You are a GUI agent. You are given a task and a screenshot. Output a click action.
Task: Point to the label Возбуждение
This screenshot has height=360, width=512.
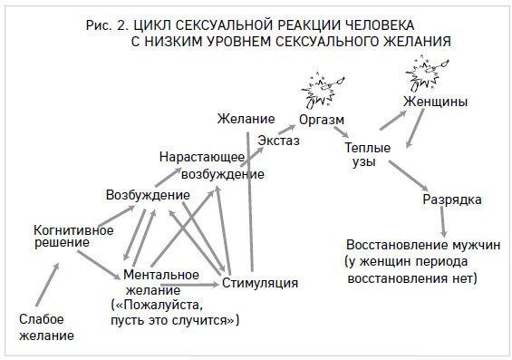coord(148,195)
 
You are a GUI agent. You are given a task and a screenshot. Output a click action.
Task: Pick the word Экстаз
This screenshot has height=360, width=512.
coord(278,140)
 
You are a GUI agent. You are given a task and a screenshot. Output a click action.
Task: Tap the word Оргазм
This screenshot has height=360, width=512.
coord(321,119)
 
